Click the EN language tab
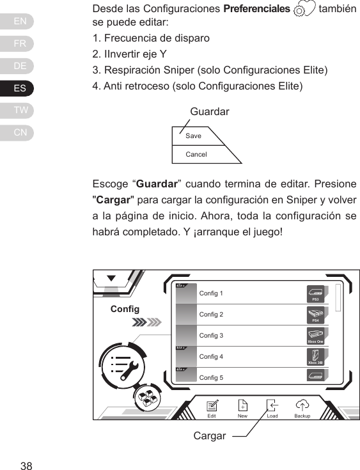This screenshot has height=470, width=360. [x=20, y=22]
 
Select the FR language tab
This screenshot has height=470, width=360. [x=20, y=44]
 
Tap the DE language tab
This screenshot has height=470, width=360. [x=20, y=66]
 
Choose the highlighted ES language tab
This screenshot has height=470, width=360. [x=20, y=88]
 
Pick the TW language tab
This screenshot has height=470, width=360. [x=20, y=111]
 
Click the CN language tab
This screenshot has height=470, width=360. [x=20, y=132]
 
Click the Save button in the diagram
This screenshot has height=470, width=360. [x=193, y=136]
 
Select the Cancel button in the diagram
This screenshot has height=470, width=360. [x=196, y=155]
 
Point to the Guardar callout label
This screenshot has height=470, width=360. [x=210, y=112]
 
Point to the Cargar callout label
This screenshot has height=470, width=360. [x=210, y=436]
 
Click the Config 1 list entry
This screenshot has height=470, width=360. [x=212, y=294]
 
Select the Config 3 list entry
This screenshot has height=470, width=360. [x=212, y=336]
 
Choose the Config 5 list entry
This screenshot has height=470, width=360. [x=212, y=378]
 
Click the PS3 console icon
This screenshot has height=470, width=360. [x=316, y=294]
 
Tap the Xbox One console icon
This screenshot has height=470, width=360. [x=316, y=336]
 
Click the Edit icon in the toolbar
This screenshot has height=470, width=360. [x=212, y=405]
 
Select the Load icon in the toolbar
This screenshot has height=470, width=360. [x=272, y=405]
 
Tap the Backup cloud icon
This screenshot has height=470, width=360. [x=302, y=405]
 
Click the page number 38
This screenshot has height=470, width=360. [x=26, y=465]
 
